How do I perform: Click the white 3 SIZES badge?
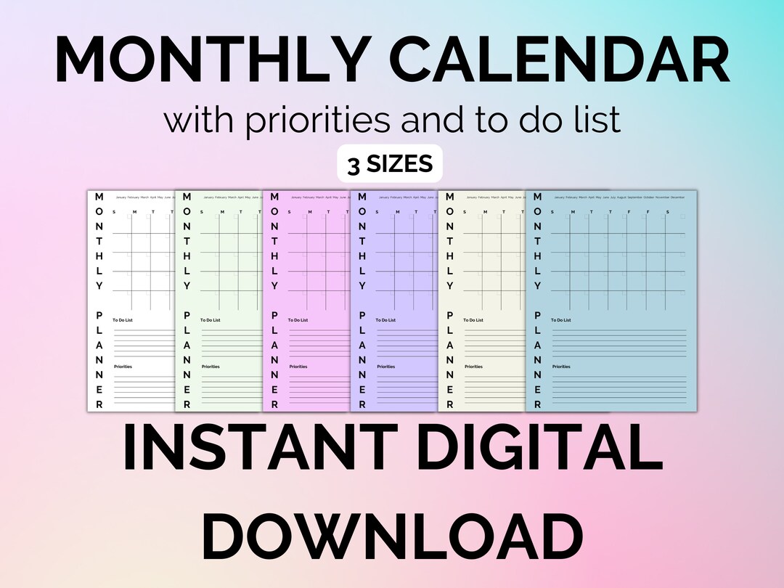coord(390,165)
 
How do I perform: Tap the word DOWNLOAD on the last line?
coord(392,536)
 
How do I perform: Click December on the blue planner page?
coord(677,197)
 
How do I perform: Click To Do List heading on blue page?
coord(561,320)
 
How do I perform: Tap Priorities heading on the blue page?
coord(561,367)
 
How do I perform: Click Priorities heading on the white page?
coord(123,367)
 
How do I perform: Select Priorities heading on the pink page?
coord(298,367)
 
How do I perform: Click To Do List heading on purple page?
coord(385,320)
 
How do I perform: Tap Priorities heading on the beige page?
coord(473,367)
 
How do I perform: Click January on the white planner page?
coord(121,197)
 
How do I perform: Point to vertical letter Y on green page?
coord(187,285)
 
